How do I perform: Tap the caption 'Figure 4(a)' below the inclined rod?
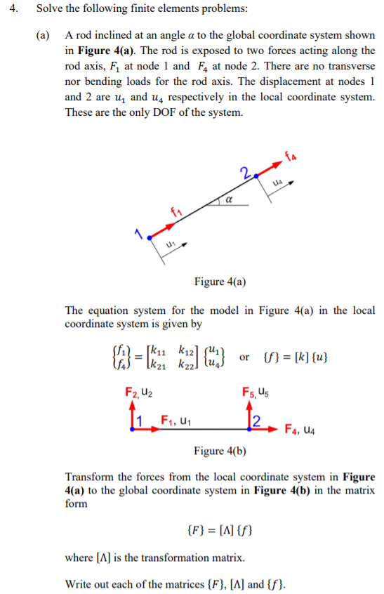219,282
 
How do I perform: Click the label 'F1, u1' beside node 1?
174,422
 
